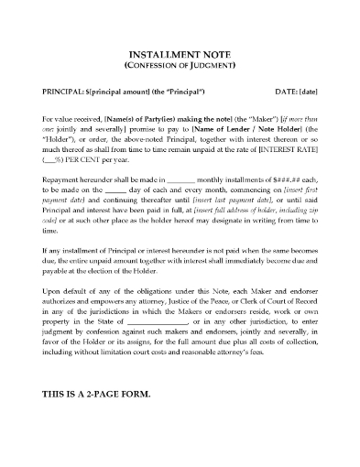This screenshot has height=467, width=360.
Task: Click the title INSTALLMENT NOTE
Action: [x=180, y=53]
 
